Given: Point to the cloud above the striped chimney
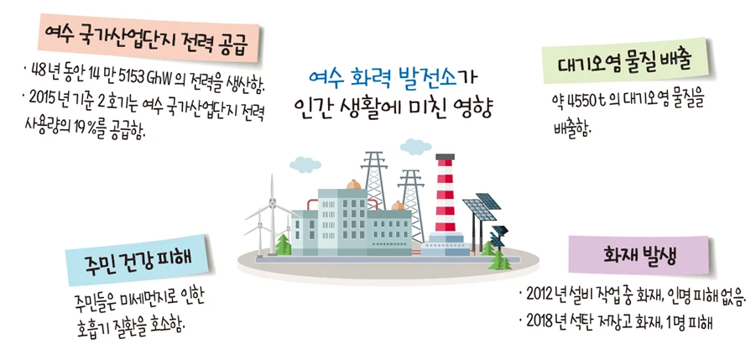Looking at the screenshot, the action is click(415, 145).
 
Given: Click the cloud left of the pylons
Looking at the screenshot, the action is click(305, 164).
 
